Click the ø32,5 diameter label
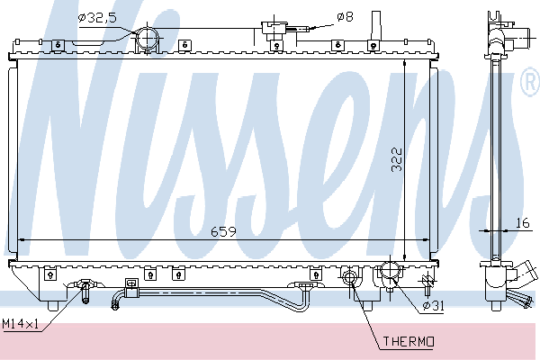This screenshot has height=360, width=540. (x=97, y=18)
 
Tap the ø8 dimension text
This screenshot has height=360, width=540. (x=345, y=17)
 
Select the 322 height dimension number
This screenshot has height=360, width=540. (x=397, y=159)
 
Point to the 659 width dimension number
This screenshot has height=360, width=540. (x=223, y=232)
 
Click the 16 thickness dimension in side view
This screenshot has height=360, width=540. (x=522, y=223)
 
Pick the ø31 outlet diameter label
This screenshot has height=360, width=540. (x=433, y=305)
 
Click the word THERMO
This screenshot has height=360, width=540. (x=409, y=341)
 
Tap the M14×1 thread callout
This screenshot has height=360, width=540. (x=21, y=324)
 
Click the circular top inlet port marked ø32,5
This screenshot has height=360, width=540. (x=148, y=39)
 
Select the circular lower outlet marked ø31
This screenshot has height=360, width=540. (x=391, y=270)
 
